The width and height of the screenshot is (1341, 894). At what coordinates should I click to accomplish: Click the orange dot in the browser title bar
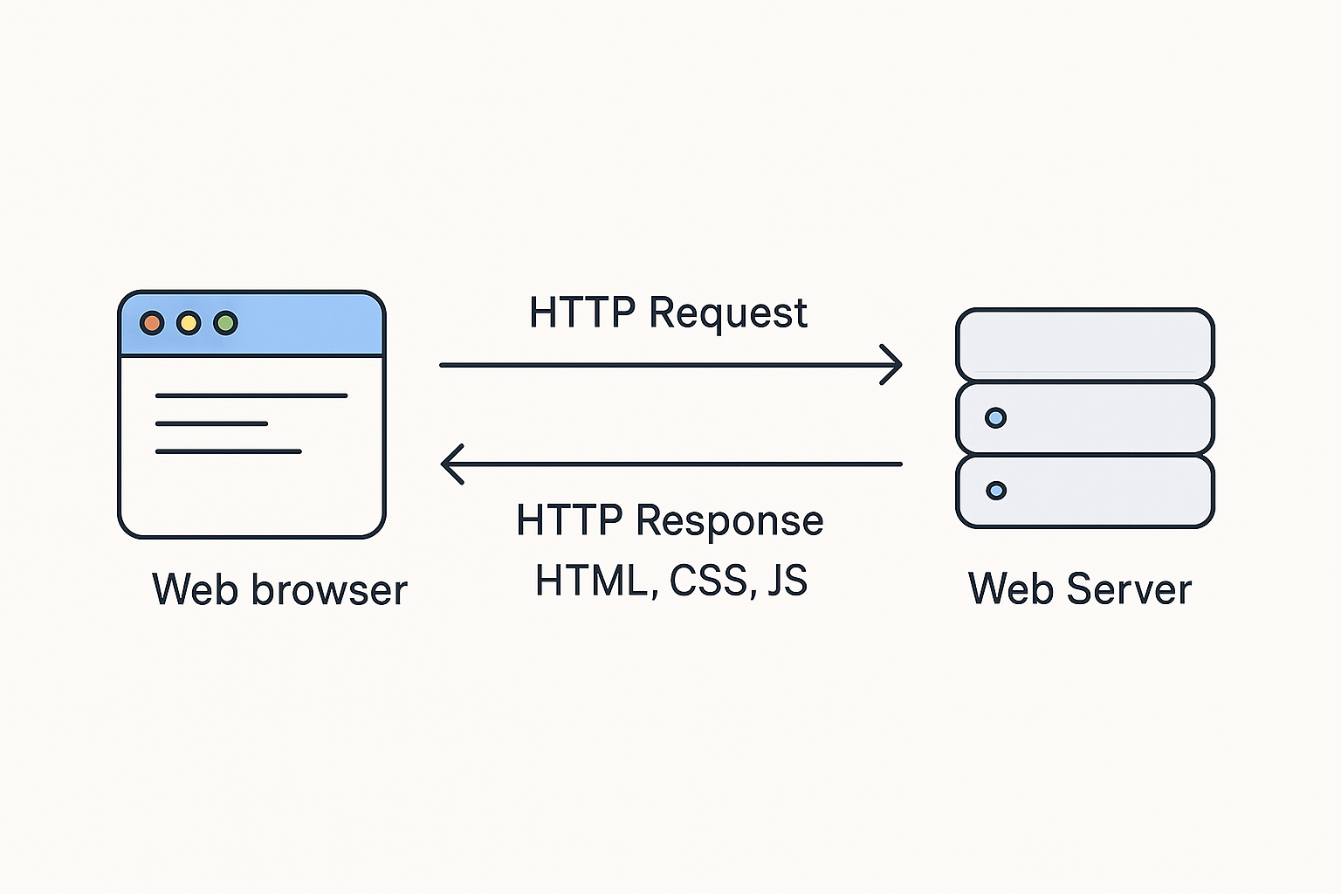152,323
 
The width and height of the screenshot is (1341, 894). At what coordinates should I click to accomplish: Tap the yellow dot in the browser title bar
189,323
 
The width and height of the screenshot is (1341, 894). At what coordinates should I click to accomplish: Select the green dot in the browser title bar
226,323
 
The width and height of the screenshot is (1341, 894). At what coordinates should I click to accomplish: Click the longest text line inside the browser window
251,395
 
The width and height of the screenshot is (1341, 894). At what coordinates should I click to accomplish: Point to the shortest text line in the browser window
211,423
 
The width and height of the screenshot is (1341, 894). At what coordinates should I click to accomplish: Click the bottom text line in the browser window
228,451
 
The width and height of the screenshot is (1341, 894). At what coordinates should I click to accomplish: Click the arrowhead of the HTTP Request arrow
892,365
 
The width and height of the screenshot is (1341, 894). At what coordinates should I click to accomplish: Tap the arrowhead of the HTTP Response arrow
451,464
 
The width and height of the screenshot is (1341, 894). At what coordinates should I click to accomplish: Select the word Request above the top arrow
728,313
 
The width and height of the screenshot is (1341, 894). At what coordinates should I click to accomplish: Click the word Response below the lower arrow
729,521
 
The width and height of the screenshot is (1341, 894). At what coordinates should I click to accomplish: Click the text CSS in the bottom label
709,581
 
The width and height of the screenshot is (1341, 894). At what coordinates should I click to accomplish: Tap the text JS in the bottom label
787,581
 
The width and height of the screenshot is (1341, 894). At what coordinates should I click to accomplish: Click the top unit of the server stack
1084,344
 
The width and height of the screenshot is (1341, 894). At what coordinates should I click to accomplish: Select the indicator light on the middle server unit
995,418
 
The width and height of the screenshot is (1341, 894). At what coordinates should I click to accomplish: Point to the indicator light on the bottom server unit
995,491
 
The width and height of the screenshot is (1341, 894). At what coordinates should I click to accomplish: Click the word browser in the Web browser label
329,590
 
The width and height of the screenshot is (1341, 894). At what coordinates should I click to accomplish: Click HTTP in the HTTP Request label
581,313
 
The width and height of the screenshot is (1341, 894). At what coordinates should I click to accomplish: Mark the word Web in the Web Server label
1012,589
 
